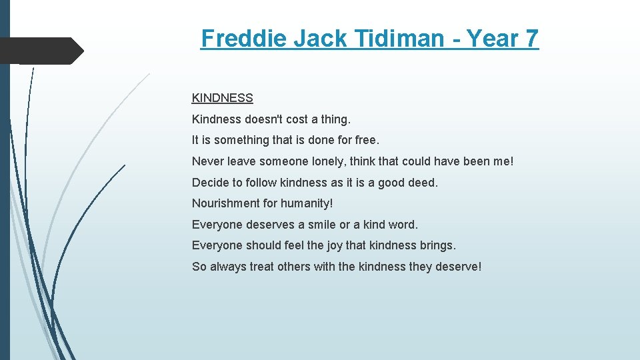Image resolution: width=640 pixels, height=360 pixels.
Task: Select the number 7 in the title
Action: [531, 39]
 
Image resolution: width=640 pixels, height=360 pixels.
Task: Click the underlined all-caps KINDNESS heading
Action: [222, 98]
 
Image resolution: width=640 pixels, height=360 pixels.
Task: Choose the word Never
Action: [208, 161]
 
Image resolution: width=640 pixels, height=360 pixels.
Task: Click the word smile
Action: [323, 225]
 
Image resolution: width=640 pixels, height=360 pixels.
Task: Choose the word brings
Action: [437, 245]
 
